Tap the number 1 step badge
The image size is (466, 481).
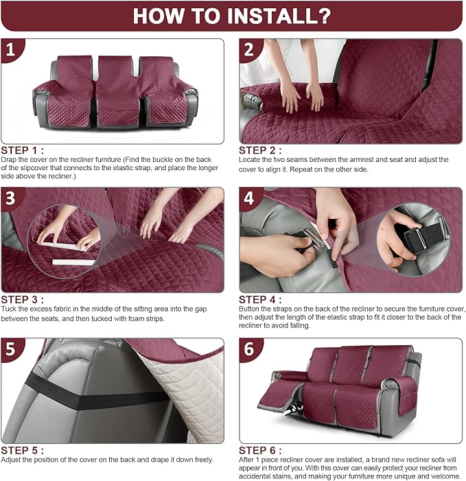click(x=10, y=50)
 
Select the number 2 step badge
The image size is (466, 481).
click(x=249, y=50)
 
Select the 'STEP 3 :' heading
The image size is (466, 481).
click(x=23, y=299)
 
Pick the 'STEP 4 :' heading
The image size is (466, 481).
click(x=261, y=299)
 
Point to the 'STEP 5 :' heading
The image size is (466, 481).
click(x=23, y=450)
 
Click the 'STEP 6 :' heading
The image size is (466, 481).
click(x=261, y=450)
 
